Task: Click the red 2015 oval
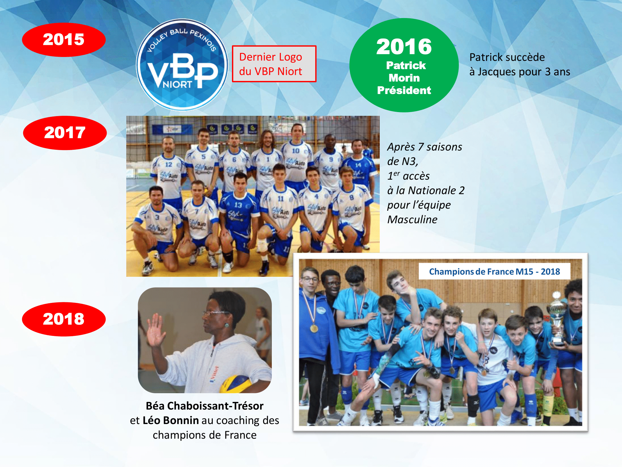click(64, 40)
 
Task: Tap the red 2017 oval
click(65, 133)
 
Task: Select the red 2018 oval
click(64, 319)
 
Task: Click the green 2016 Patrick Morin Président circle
click(404, 65)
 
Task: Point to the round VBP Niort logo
click(182, 65)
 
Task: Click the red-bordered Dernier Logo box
click(274, 64)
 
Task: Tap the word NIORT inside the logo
click(178, 84)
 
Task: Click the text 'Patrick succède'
click(507, 57)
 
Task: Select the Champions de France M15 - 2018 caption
click(494, 271)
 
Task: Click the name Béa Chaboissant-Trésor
click(205, 406)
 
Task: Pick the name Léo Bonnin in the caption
click(171, 420)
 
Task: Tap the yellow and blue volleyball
click(236, 384)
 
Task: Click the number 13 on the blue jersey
click(238, 205)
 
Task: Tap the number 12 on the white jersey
click(169, 164)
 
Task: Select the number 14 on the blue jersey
click(358, 165)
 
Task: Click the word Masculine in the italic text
click(412, 219)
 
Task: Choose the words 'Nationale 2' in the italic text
click(436, 190)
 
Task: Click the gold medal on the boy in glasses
click(314, 328)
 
